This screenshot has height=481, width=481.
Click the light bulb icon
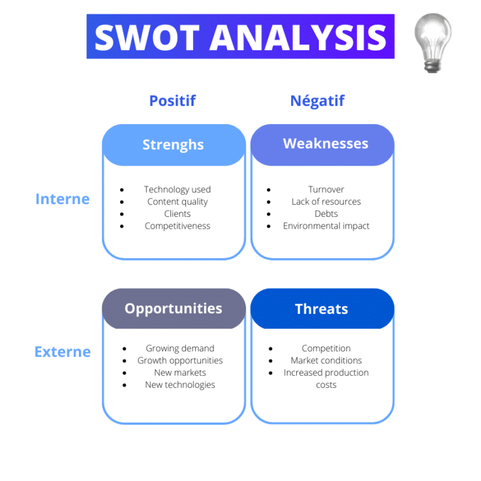(433, 42)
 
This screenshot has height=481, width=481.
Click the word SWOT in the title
(147, 37)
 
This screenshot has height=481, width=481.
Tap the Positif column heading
(172, 101)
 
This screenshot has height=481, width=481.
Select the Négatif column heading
(317, 101)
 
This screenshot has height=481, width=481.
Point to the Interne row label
(63, 199)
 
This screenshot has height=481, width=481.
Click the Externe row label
(63, 352)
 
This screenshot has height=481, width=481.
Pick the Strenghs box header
(173, 145)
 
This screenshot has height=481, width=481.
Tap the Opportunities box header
(173, 308)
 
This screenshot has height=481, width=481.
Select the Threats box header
(321, 309)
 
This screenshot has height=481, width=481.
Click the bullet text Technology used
(177, 190)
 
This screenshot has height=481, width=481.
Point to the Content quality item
(177, 202)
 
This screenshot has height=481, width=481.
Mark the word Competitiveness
(177, 226)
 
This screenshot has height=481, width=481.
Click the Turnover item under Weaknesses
(326, 190)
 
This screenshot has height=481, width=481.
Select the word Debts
(326, 214)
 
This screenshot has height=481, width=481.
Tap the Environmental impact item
(326, 226)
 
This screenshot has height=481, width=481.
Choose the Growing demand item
(180, 348)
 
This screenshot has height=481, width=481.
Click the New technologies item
(180, 385)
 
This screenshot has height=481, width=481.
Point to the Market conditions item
(326, 361)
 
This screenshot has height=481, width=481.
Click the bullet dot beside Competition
(271, 349)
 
